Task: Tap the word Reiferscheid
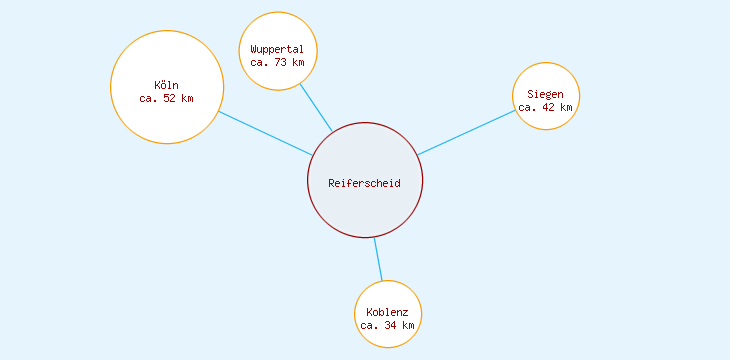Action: tap(365, 183)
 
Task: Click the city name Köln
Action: tap(166, 84)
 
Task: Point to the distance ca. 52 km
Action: tap(166, 98)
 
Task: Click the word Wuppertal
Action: tap(278, 49)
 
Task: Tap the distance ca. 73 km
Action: tap(278, 62)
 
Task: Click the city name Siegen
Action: tap(546, 94)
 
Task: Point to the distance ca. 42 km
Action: tap(546, 107)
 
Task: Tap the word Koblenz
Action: tap(388, 312)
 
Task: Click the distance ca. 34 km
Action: tap(388, 325)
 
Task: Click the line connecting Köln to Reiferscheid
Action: tap(265, 133)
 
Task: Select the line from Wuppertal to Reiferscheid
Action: tap(316, 106)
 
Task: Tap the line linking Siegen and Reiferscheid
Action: tap(467, 132)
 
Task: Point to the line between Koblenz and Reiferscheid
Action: tap(378, 259)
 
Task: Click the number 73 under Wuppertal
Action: tap(281, 62)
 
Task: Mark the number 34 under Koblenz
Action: tap(391, 325)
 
